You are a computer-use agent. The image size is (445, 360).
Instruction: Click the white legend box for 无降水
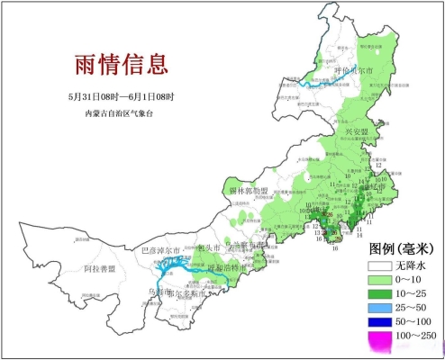379,266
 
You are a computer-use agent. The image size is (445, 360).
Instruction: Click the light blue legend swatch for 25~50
379,309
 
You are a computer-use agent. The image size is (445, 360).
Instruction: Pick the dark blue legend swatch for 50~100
379,322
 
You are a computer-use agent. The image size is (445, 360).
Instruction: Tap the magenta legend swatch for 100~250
379,336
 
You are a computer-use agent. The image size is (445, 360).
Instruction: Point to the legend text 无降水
411,266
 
